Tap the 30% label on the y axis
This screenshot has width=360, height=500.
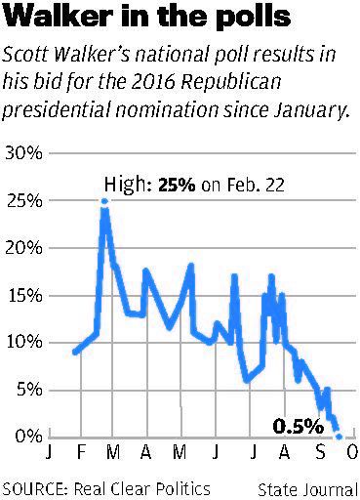coord(23,153)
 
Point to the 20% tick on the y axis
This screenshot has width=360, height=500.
coord(23,248)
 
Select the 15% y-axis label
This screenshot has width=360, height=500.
coord(23,295)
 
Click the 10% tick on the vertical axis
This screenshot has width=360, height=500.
coord(23,343)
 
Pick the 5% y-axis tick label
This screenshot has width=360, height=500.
coord(27,390)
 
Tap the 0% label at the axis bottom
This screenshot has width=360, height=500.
coord(27,437)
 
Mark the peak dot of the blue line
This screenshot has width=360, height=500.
coord(104,201)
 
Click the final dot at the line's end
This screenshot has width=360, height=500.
coord(339,437)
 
